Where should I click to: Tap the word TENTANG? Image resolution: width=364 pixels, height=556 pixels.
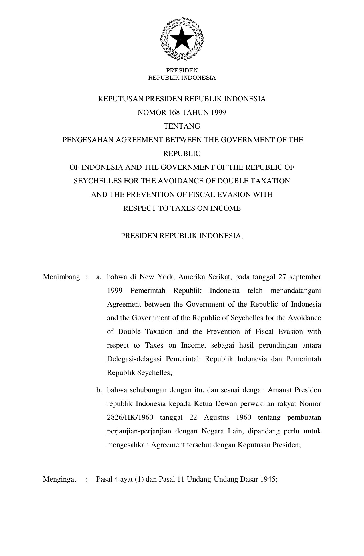point(182,126)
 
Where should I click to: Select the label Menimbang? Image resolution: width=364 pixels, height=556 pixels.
point(61,277)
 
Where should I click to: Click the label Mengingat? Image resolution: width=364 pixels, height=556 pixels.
point(59,479)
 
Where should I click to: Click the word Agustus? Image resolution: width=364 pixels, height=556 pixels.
point(216,418)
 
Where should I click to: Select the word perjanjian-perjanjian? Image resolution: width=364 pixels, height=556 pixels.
point(139,431)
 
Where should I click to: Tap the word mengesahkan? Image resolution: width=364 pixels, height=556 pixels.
point(127,445)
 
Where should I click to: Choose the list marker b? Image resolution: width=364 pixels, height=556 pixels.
point(99,390)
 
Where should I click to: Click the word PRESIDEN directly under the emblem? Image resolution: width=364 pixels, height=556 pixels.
point(182,70)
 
